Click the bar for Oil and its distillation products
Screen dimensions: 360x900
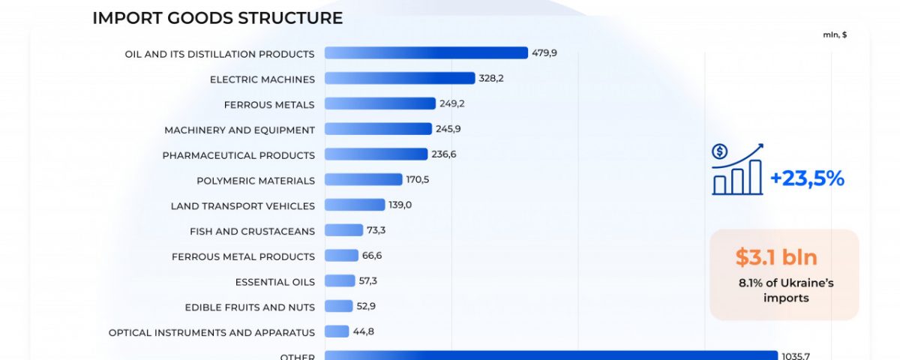pos(426,52)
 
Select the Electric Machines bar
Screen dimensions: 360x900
pos(400,78)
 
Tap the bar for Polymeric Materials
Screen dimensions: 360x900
pos(363,179)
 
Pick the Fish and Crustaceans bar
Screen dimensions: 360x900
pos(343,230)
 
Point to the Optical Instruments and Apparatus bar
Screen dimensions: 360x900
pos(337,331)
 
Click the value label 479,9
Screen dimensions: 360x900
pos(544,53)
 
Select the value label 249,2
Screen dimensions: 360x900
pos(452,103)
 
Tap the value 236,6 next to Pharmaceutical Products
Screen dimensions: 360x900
pos(444,154)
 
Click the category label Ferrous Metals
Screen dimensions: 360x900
pos(269,104)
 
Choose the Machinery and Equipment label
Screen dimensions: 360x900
pos(239,130)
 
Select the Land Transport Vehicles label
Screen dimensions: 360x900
pos(242,205)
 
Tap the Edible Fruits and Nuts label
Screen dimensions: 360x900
pos(250,307)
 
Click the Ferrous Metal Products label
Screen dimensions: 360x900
pos(243,256)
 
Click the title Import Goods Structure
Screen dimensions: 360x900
pos(217,18)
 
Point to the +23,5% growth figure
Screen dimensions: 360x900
pos(807,178)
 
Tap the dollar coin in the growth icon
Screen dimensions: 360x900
pos(719,152)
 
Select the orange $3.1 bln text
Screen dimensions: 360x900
pos(776,257)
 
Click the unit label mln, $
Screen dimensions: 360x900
pos(835,34)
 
